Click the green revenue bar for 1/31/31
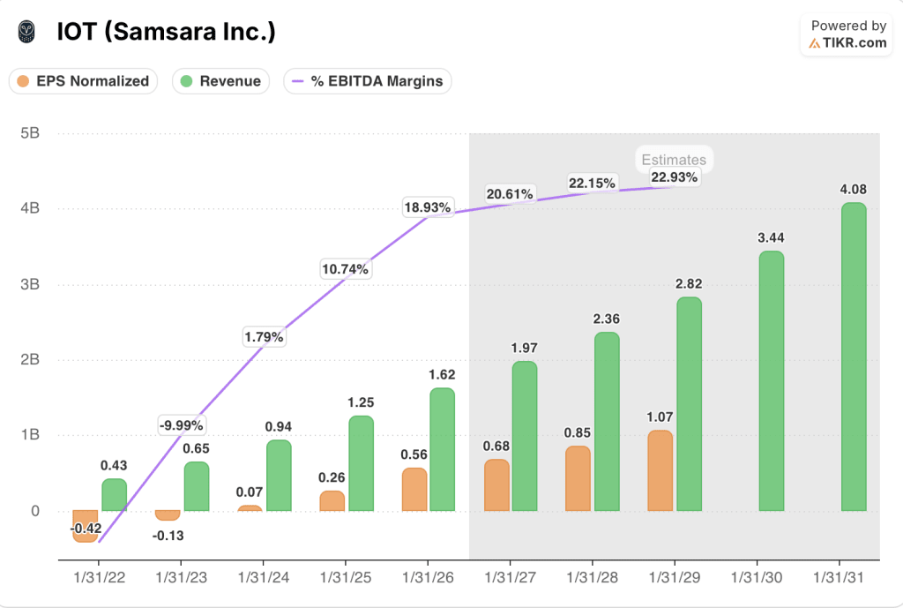click(853, 357)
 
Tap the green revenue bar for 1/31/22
click(114, 495)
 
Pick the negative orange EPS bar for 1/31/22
click(86, 526)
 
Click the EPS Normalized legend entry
click(83, 81)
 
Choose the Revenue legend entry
click(220, 81)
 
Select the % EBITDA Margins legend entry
click(368, 81)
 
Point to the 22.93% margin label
click(674, 176)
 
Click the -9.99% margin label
click(182, 424)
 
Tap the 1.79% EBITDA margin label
click(264, 336)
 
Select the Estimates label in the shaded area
click(674, 160)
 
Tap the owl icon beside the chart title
click(28, 32)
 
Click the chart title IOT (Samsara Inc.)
click(166, 32)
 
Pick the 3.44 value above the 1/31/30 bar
click(771, 237)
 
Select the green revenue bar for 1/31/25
click(361, 463)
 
